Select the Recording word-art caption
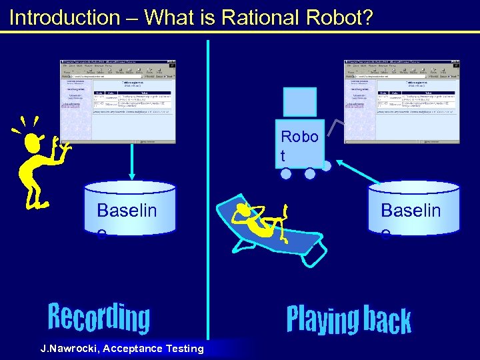click(99, 318)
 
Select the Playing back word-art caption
click(348, 319)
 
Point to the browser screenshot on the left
click(118, 101)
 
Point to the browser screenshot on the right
click(402, 101)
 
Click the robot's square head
click(299, 102)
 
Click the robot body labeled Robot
click(299, 144)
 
